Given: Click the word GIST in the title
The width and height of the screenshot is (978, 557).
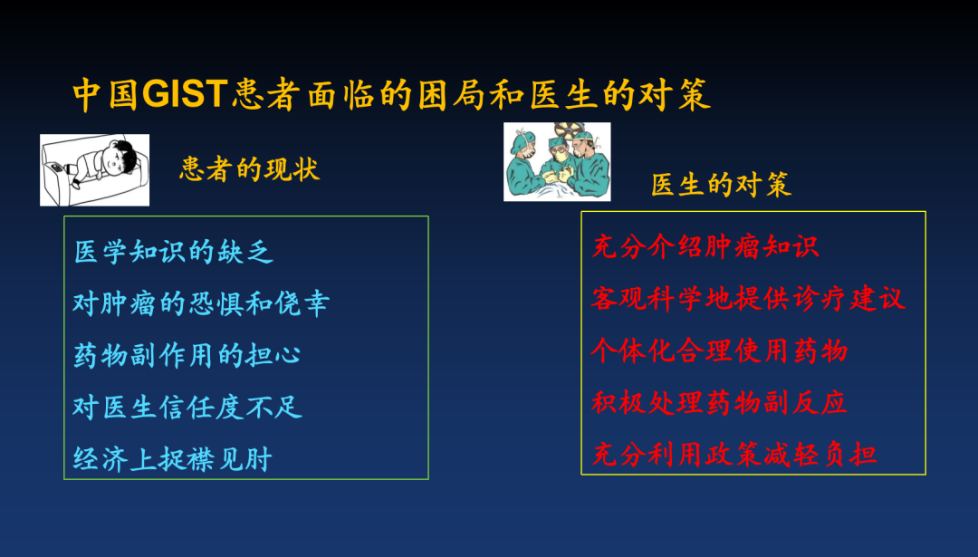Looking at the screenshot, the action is (x=185, y=95).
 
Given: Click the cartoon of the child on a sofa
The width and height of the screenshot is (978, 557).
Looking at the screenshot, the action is (x=95, y=169).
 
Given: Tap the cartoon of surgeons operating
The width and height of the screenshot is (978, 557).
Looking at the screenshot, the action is (x=557, y=161).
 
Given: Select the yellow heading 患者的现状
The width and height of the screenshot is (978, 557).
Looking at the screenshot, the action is (x=250, y=169).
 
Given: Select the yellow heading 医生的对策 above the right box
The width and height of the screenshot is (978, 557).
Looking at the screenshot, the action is (x=721, y=185).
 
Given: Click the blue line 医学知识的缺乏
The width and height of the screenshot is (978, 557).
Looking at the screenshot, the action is (x=173, y=252).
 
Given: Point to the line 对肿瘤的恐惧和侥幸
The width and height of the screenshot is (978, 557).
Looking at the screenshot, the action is (x=201, y=303).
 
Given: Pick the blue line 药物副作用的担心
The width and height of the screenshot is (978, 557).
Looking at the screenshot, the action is (x=187, y=356).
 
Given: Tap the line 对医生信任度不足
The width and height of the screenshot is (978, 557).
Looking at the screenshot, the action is (x=187, y=408).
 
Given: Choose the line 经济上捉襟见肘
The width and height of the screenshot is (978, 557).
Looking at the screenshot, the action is (x=173, y=459).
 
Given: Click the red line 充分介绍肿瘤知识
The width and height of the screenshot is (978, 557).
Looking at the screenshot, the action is (x=705, y=246).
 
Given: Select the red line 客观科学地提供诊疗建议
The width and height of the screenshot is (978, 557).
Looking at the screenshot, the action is (x=748, y=298).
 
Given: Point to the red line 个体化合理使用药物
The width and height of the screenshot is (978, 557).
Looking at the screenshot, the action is (x=719, y=350).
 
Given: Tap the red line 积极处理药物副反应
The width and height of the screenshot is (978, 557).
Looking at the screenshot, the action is (x=719, y=402).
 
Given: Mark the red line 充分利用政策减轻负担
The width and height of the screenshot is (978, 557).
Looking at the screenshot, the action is (x=733, y=454).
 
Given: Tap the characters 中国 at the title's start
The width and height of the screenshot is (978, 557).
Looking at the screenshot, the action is (x=105, y=95).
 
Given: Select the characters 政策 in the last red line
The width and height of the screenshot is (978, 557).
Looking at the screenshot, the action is (x=733, y=454).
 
